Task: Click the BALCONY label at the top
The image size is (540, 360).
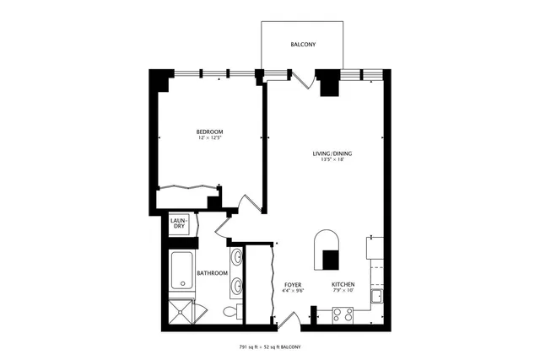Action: click(303, 44)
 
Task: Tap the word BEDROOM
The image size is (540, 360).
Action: click(209, 132)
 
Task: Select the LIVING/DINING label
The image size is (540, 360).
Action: click(332, 153)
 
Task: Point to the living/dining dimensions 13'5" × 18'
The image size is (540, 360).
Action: click(332, 160)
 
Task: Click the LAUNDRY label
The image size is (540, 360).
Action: click(178, 223)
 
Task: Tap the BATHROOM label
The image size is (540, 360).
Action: click(212, 273)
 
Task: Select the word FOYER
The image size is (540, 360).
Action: click(293, 285)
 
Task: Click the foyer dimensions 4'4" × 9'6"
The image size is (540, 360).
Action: click(293, 292)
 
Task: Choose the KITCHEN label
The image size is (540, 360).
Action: click(342, 285)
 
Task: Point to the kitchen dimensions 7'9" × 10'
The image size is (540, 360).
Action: click(342, 292)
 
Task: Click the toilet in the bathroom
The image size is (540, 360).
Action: click(231, 312)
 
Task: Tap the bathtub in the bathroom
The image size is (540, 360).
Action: click(181, 271)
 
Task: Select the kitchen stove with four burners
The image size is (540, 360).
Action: click(343, 314)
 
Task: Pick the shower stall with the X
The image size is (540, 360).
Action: click(181, 310)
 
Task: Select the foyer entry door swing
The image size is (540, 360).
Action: click(287, 319)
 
